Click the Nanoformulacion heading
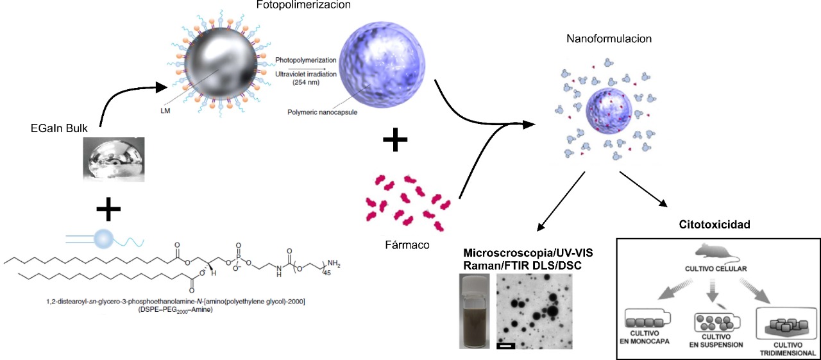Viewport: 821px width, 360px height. pyautogui.click(x=609, y=39)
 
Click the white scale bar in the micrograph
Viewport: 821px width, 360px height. pyautogui.click(x=505, y=347)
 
